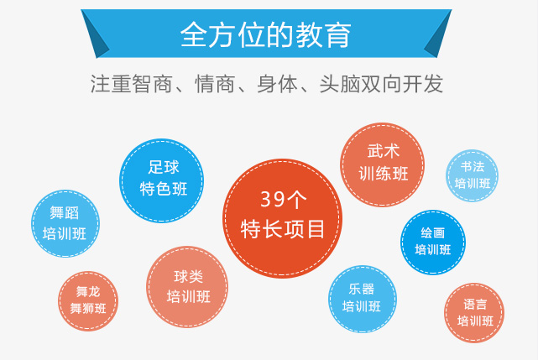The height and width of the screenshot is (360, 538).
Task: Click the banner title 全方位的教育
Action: click(x=265, y=34)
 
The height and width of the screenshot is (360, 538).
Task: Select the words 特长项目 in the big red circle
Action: click(x=282, y=229)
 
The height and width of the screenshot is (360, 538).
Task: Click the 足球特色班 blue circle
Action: click(x=162, y=180)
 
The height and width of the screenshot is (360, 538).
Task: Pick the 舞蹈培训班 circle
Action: click(x=65, y=223)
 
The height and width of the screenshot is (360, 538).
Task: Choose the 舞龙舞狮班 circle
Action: click(x=88, y=301)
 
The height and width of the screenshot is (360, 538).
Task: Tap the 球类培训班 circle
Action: click(x=187, y=286)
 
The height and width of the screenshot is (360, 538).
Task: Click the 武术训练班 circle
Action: click(x=382, y=164)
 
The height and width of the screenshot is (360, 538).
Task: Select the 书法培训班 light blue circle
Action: click(x=473, y=175)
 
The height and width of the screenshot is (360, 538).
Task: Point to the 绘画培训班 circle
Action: click(x=433, y=243)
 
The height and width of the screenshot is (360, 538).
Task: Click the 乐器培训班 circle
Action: click(x=363, y=299)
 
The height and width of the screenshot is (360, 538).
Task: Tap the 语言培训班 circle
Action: click(x=474, y=313)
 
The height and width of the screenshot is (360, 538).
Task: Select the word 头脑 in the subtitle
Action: click(x=339, y=84)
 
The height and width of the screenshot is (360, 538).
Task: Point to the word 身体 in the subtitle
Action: click(x=277, y=84)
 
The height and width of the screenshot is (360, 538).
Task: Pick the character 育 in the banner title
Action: click(x=338, y=34)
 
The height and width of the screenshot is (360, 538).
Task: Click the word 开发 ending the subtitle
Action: click(x=422, y=84)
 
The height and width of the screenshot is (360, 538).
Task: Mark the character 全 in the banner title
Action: click(x=193, y=34)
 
